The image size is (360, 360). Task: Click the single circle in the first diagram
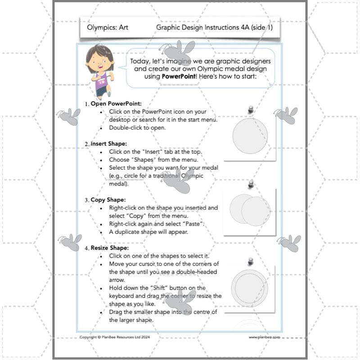click(249, 135)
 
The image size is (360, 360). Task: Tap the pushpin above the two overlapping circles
click(251, 185)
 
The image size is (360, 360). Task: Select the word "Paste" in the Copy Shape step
click(193, 224)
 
